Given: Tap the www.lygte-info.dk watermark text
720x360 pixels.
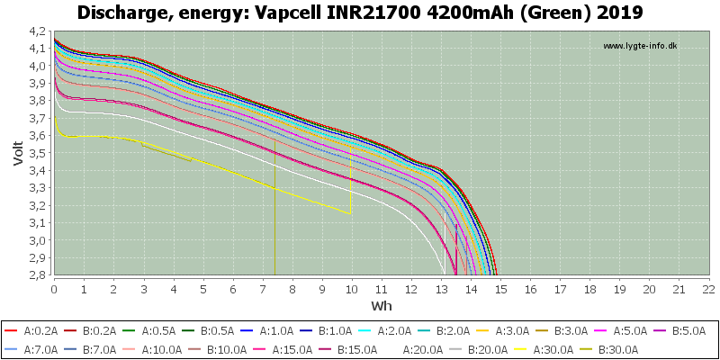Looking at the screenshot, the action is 640,46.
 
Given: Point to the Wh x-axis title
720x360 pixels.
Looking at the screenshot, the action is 382,305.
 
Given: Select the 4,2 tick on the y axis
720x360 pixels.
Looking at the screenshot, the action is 40,31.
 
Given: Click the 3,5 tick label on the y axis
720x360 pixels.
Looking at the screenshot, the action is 40,153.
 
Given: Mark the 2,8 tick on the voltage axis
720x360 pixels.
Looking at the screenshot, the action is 40,275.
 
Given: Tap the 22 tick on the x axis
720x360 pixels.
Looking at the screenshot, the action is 708,289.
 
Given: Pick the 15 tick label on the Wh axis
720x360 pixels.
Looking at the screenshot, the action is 500,289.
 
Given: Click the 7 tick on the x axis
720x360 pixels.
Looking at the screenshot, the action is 263,289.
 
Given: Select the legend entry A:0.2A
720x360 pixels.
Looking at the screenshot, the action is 32,330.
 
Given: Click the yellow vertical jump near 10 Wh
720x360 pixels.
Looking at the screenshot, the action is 350,179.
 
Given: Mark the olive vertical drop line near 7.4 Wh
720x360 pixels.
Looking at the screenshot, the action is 274,207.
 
